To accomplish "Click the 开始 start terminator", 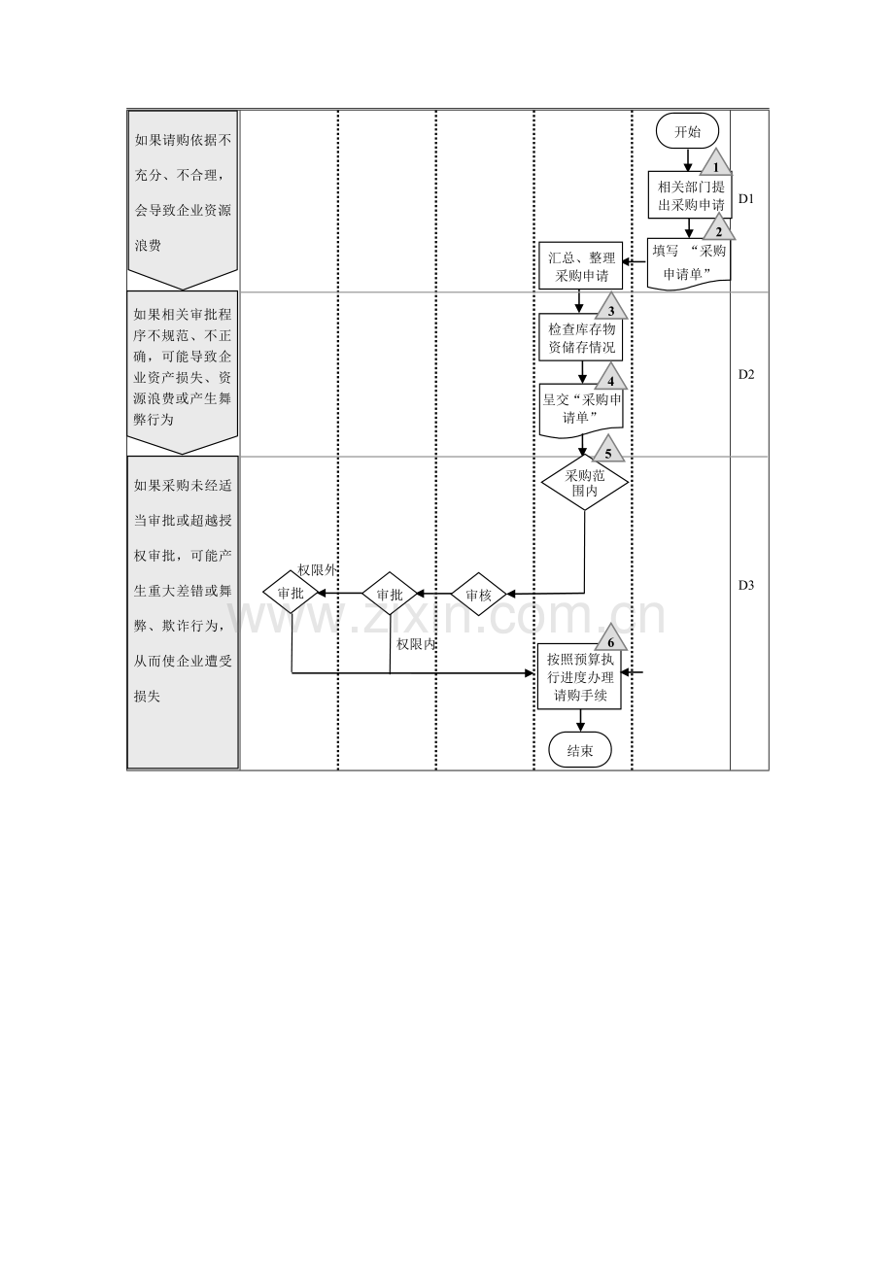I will [x=687, y=132].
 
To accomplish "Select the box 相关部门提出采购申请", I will [x=689, y=196].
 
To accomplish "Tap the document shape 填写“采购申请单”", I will [x=689, y=261].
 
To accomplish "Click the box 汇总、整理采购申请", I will [x=580, y=266].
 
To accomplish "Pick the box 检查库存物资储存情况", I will [x=581, y=337].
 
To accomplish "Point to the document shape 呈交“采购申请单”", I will [x=581, y=407].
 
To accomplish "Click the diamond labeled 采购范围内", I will [x=584, y=483].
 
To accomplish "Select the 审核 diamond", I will [x=478, y=594].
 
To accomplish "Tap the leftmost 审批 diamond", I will [x=292, y=592].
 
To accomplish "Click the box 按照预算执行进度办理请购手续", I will [x=580, y=677].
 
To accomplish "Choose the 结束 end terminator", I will [x=580, y=750].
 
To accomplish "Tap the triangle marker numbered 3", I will [x=611, y=307].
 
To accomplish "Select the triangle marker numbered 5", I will [x=608, y=451].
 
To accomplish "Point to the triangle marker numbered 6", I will [x=611, y=639].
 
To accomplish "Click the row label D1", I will [x=746, y=199].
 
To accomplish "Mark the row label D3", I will [x=746, y=585].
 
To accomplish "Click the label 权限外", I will [x=317, y=570].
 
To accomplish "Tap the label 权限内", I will [x=415, y=643].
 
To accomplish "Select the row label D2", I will [x=746, y=374].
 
